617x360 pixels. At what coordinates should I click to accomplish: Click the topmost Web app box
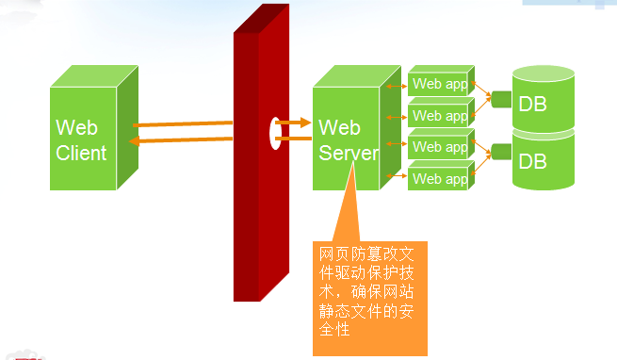point(439,84)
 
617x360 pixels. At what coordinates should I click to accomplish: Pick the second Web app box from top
point(439,116)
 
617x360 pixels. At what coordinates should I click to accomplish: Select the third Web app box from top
point(439,147)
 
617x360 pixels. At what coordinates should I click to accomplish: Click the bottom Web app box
point(439,178)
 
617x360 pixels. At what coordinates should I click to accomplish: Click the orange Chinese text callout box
point(369,297)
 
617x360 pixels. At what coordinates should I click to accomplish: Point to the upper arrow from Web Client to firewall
point(184,123)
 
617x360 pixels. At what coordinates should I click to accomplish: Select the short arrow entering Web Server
point(294,122)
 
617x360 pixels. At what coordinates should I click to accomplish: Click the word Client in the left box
point(81,154)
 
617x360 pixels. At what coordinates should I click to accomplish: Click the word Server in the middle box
point(348,154)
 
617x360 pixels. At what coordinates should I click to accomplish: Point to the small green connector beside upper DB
point(500,98)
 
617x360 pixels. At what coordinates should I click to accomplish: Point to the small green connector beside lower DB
point(500,149)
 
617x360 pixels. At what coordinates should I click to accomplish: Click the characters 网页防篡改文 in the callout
point(367,254)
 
